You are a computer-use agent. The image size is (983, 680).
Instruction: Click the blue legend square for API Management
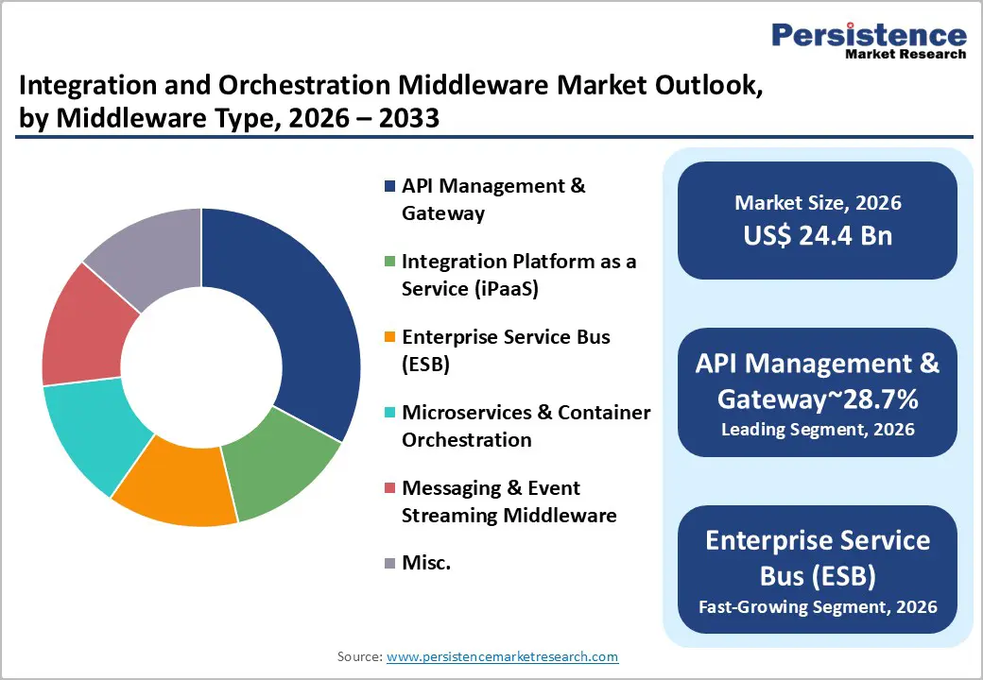[x=388, y=186]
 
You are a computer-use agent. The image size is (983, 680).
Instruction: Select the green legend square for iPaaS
[x=388, y=262]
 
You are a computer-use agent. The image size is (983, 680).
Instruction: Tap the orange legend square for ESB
[x=388, y=337]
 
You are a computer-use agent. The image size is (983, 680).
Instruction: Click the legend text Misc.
[x=425, y=564]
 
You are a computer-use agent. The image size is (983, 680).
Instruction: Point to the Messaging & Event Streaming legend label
[x=509, y=501]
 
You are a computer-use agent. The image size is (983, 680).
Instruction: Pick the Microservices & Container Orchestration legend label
[x=526, y=426]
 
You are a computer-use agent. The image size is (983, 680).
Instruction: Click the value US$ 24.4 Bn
[x=818, y=235]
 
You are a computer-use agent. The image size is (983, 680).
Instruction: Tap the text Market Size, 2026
[x=818, y=203]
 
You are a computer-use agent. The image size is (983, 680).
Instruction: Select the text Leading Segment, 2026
[x=818, y=430]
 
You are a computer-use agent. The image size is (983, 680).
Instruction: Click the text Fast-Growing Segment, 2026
[x=818, y=605]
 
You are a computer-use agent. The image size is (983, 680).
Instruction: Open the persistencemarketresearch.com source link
[x=502, y=656]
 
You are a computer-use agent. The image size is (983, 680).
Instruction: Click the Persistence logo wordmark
[x=869, y=35]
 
